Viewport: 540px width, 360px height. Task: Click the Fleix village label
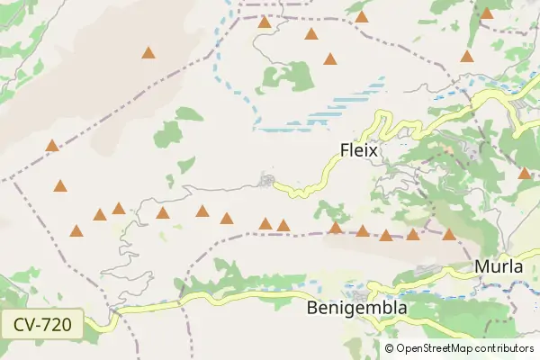click(358, 151)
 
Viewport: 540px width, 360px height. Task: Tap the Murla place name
click(499, 267)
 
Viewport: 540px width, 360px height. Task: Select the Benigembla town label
click(357, 308)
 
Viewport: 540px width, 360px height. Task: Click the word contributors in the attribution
click(506, 348)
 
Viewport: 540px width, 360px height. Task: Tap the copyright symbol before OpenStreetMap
click(390, 348)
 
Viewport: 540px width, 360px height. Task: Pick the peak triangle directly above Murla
click(449, 235)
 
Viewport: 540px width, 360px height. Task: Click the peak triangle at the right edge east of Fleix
click(525, 173)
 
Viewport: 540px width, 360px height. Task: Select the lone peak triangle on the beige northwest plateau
click(148, 53)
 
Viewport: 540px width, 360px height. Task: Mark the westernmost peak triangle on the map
click(52, 145)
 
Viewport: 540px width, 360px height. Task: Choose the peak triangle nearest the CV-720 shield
click(76, 231)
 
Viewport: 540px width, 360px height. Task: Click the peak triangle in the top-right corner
click(487, 13)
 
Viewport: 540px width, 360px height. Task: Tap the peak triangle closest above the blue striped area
click(330, 60)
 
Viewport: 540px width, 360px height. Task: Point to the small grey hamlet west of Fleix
click(267, 182)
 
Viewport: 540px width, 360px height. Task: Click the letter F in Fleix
click(345, 151)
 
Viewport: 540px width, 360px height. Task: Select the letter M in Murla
click(481, 267)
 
